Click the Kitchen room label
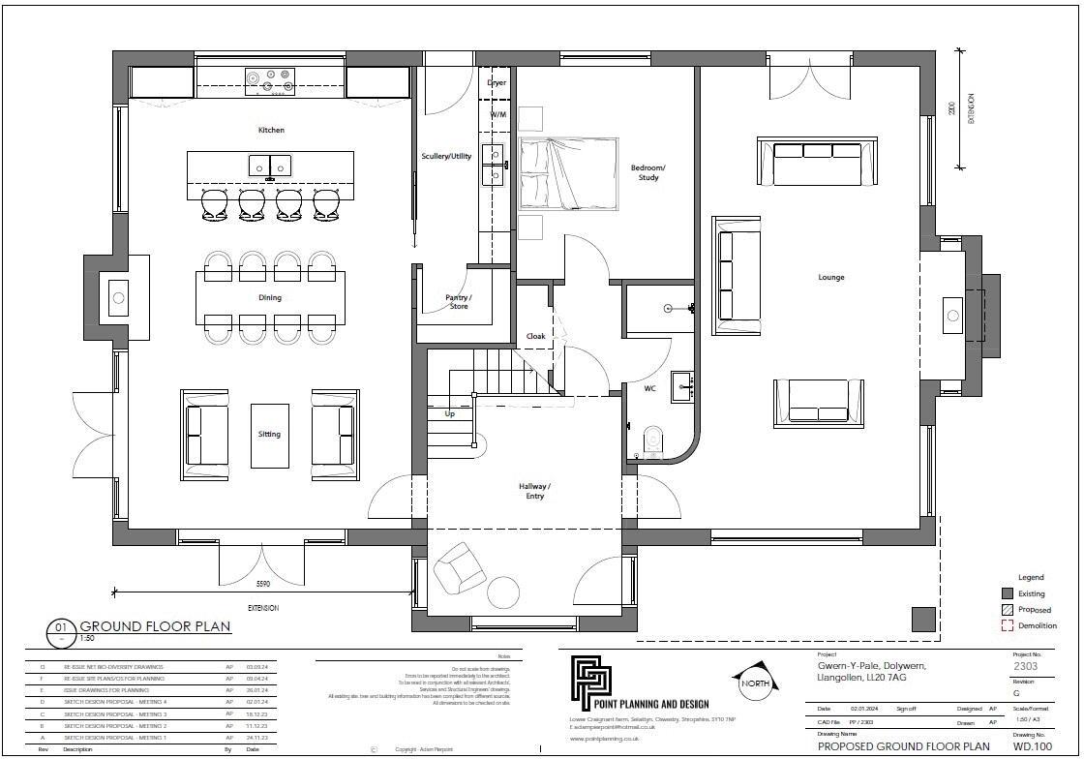[271, 130]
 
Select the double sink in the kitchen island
[270, 166]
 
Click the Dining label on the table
[269, 298]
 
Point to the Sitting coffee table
[269, 435]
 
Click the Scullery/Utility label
[446, 156]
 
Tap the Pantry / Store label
[458, 302]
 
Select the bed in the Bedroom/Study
[568, 173]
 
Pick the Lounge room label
[830, 278]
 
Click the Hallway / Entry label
[534, 491]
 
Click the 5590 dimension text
[262, 585]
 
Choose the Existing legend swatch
[1008, 593]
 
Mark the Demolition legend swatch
[1008, 625]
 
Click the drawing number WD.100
[1032, 746]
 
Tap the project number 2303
[1026, 667]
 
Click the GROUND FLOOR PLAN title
[155, 626]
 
